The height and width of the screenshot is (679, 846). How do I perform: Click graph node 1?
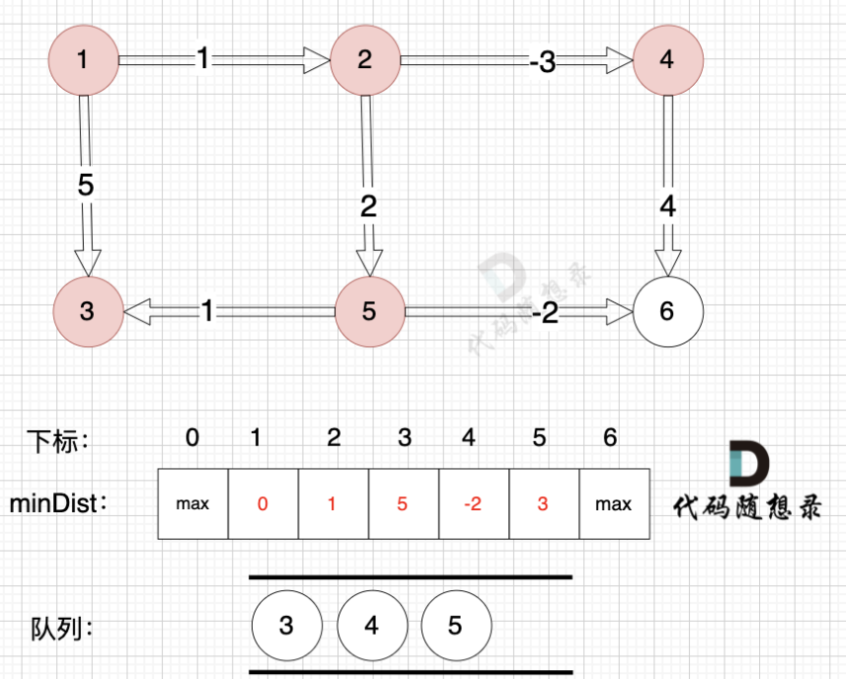pyautogui.click(x=83, y=59)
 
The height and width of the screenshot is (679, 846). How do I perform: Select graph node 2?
pyautogui.click(x=366, y=59)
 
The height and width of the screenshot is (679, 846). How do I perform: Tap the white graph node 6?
pyautogui.click(x=667, y=311)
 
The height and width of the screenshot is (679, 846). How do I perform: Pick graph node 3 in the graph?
pyautogui.click(x=87, y=311)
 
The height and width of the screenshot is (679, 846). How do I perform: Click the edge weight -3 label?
pyautogui.click(x=542, y=61)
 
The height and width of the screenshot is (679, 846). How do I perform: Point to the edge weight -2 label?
pyautogui.click(x=545, y=312)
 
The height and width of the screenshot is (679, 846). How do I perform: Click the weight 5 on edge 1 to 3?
pyautogui.click(x=85, y=185)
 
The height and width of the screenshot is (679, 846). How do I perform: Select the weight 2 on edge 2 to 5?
pyautogui.click(x=369, y=207)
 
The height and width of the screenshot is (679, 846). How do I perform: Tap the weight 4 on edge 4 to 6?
pyautogui.click(x=668, y=208)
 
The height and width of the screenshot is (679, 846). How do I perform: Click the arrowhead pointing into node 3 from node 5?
pyautogui.click(x=136, y=311)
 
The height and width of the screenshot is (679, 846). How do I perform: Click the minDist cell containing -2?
pyautogui.click(x=473, y=504)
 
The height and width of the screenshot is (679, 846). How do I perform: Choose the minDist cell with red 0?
pyautogui.click(x=262, y=504)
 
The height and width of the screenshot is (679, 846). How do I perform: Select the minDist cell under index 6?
pyautogui.click(x=614, y=504)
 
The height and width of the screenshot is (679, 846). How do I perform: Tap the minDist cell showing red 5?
pyautogui.click(x=402, y=504)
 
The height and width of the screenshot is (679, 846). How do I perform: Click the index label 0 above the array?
pyautogui.click(x=193, y=437)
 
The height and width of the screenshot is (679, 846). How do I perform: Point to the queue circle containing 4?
pyautogui.click(x=372, y=626)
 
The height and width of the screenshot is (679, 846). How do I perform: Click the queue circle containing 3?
pyautogui.click(x=287, y=626)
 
